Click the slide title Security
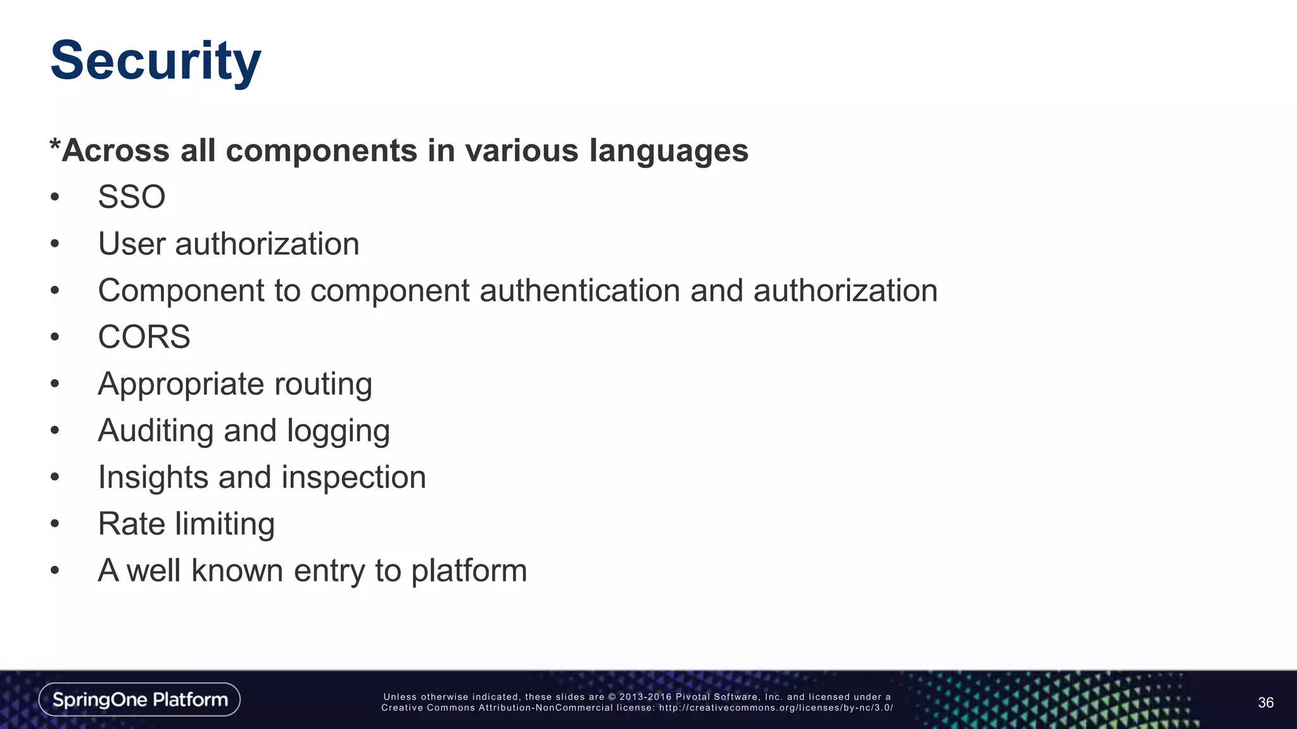[x=155, y=61]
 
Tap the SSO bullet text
[x=132, y=197]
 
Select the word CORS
[x=144, y=337]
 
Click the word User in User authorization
[x=131, y=244]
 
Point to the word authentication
[x=579, y=290]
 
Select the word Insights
[x=153, y=478]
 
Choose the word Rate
[x=131, y=524]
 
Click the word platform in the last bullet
[x=469, y=571]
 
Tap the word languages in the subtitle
[x=669, y=151]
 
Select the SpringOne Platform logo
[x=139, y=699]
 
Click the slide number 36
[x=1265, y=702]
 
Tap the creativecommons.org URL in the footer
[x=776, y=708]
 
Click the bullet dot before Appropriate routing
[x=55, y=384]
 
